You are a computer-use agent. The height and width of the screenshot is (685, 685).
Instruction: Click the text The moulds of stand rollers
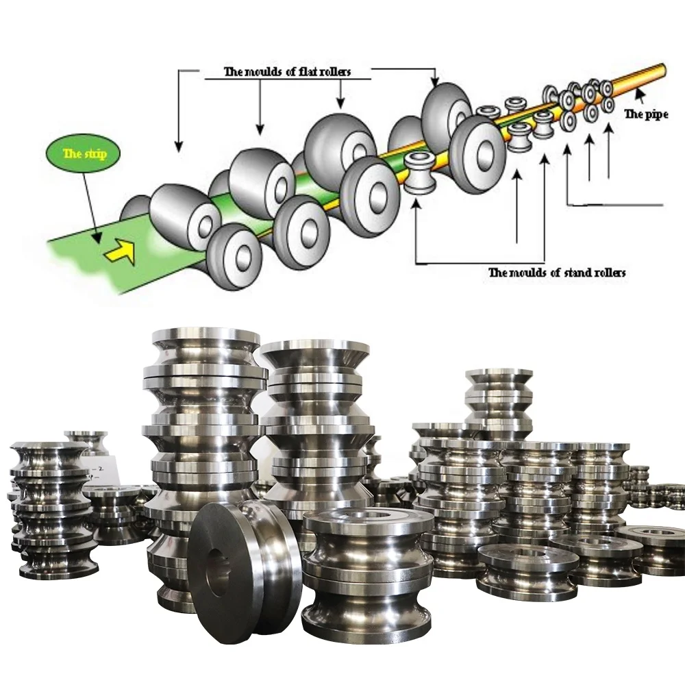[556, 273]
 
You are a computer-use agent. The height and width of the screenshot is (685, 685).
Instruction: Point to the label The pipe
[645, 114]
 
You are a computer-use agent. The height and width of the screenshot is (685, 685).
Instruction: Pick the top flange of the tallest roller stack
[206, 337]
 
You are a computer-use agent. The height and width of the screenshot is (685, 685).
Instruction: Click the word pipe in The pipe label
[656, 114]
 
